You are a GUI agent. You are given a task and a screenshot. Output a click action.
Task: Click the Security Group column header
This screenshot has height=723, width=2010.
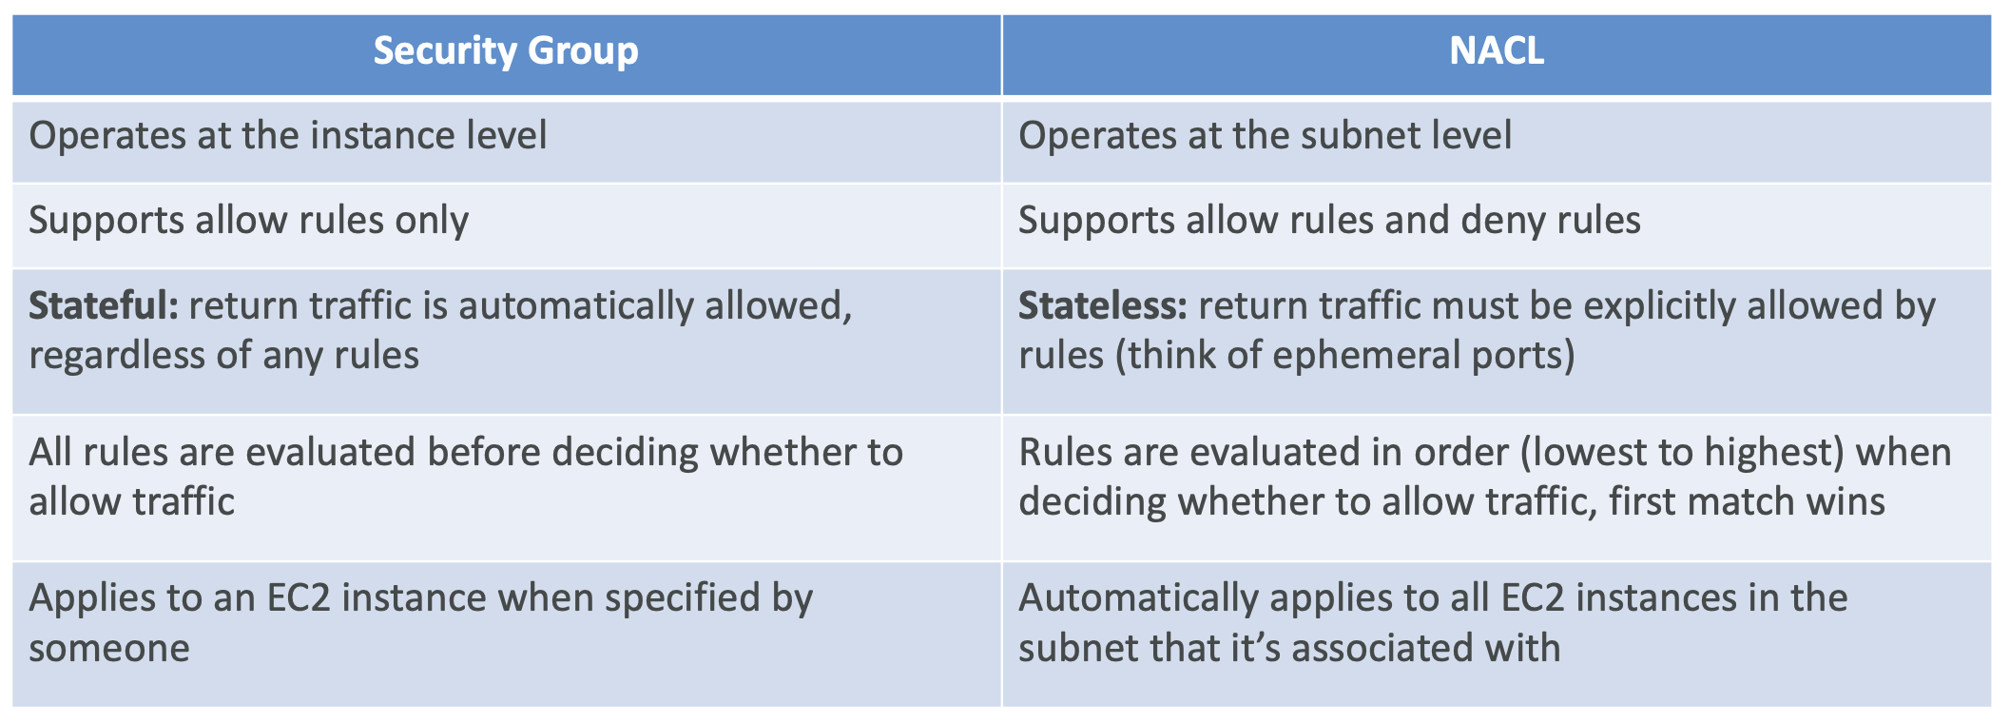pyautogui.click(x=505, y=50)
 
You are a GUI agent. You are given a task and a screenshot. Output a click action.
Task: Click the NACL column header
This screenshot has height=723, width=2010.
pyautogui.click(x=1496, y=50)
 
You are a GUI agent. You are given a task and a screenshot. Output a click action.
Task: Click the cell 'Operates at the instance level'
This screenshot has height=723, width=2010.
pyautogui.click(x=287, y=136)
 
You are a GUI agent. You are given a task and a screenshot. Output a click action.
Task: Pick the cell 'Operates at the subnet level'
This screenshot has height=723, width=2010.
pyautogui.click(x=1265, y=136)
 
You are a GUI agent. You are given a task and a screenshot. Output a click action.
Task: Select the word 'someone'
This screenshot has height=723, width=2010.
pyautogui.click(x=109, y=649)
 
